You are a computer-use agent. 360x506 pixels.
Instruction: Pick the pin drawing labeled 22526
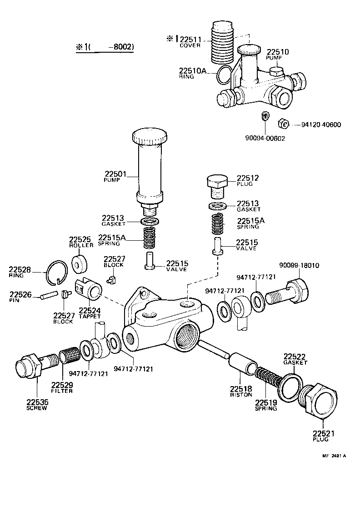click(49, 295)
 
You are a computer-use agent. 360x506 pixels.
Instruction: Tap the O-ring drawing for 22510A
click(224, 74)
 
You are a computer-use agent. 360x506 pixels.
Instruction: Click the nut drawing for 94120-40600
click(282, 124)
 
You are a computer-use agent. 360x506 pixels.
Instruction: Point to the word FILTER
click(62, 391)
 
